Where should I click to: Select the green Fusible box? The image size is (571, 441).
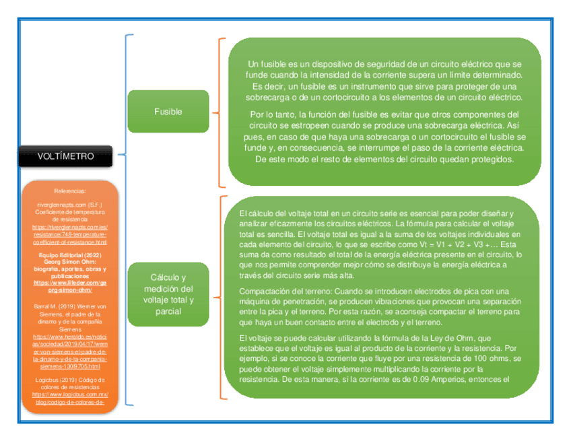[168, 111]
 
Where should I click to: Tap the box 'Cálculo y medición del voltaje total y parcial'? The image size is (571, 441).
[168, 294]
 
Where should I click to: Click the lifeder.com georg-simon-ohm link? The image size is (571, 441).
[70, 287]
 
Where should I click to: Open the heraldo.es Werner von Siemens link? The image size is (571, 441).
[70, 351]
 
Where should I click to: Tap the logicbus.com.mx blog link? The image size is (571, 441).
[70, 397]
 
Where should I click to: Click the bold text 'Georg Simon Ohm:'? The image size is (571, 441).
[70, 262]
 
